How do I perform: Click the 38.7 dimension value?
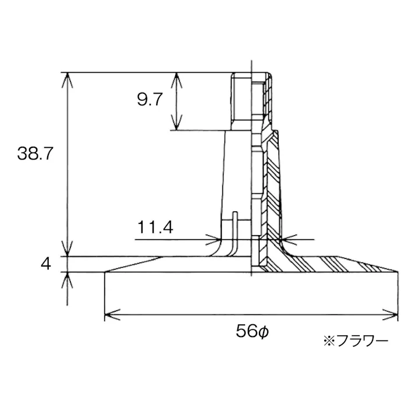35,154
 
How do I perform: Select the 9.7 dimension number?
150,100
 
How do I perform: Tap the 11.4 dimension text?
155,227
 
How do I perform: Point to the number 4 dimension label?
46,264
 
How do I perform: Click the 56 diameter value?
246,331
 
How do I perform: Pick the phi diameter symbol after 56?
263,332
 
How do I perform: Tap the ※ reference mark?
329,341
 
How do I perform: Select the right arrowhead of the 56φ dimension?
390,314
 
